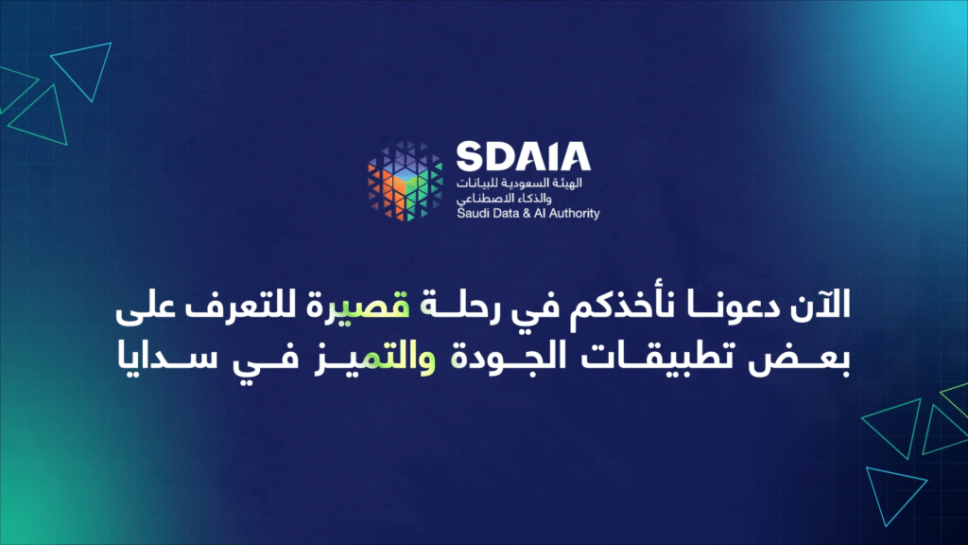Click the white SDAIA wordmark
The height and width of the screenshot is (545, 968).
click(524, 156)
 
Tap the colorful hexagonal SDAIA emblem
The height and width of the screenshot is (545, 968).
click(405, 181)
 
